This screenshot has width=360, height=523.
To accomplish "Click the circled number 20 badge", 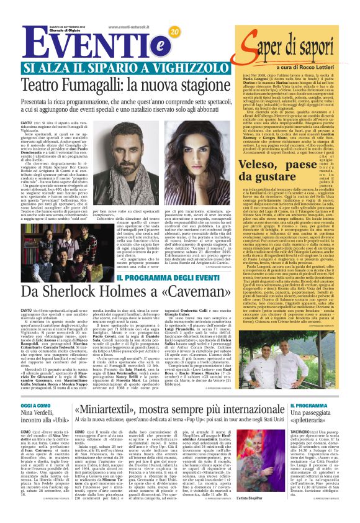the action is coord(174,32).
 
